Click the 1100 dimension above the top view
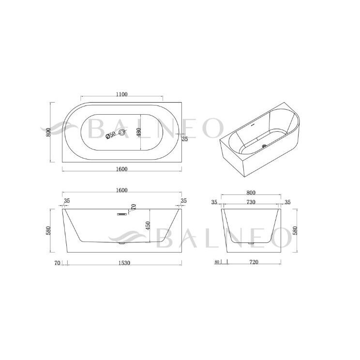click(121, 94)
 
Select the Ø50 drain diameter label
click(111, 135)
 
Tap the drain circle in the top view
click(122, 132)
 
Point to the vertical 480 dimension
click(138, 132)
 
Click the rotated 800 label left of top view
click(48, 132)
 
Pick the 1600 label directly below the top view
click(121, 169)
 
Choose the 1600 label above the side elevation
click(121, 190)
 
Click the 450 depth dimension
click(148, 225)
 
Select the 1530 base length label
click(124, 263)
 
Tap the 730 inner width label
click(251, 202)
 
